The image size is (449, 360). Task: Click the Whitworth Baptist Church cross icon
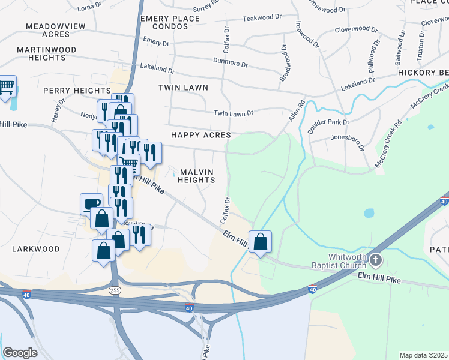pos(376,260)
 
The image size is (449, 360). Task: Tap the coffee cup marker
pos(92,203)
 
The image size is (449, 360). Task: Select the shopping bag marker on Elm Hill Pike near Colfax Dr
pos(261,242)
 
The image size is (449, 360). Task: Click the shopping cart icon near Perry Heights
pos(7,86)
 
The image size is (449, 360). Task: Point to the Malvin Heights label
pos(196,176)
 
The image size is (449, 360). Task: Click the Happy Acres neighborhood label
pos(200,135)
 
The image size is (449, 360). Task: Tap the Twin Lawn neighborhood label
pos(183,88)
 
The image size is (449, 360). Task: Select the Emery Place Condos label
pos(170,23)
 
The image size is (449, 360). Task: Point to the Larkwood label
pos(36,248)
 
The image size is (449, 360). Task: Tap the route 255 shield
pos(114,290)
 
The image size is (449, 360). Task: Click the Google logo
pos(20,353)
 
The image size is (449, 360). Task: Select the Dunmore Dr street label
pos(231,62)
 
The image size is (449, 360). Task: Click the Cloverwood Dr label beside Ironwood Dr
pos(356,29)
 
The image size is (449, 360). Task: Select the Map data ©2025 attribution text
pos(423,355)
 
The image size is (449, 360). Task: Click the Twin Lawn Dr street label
pos(234,113)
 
